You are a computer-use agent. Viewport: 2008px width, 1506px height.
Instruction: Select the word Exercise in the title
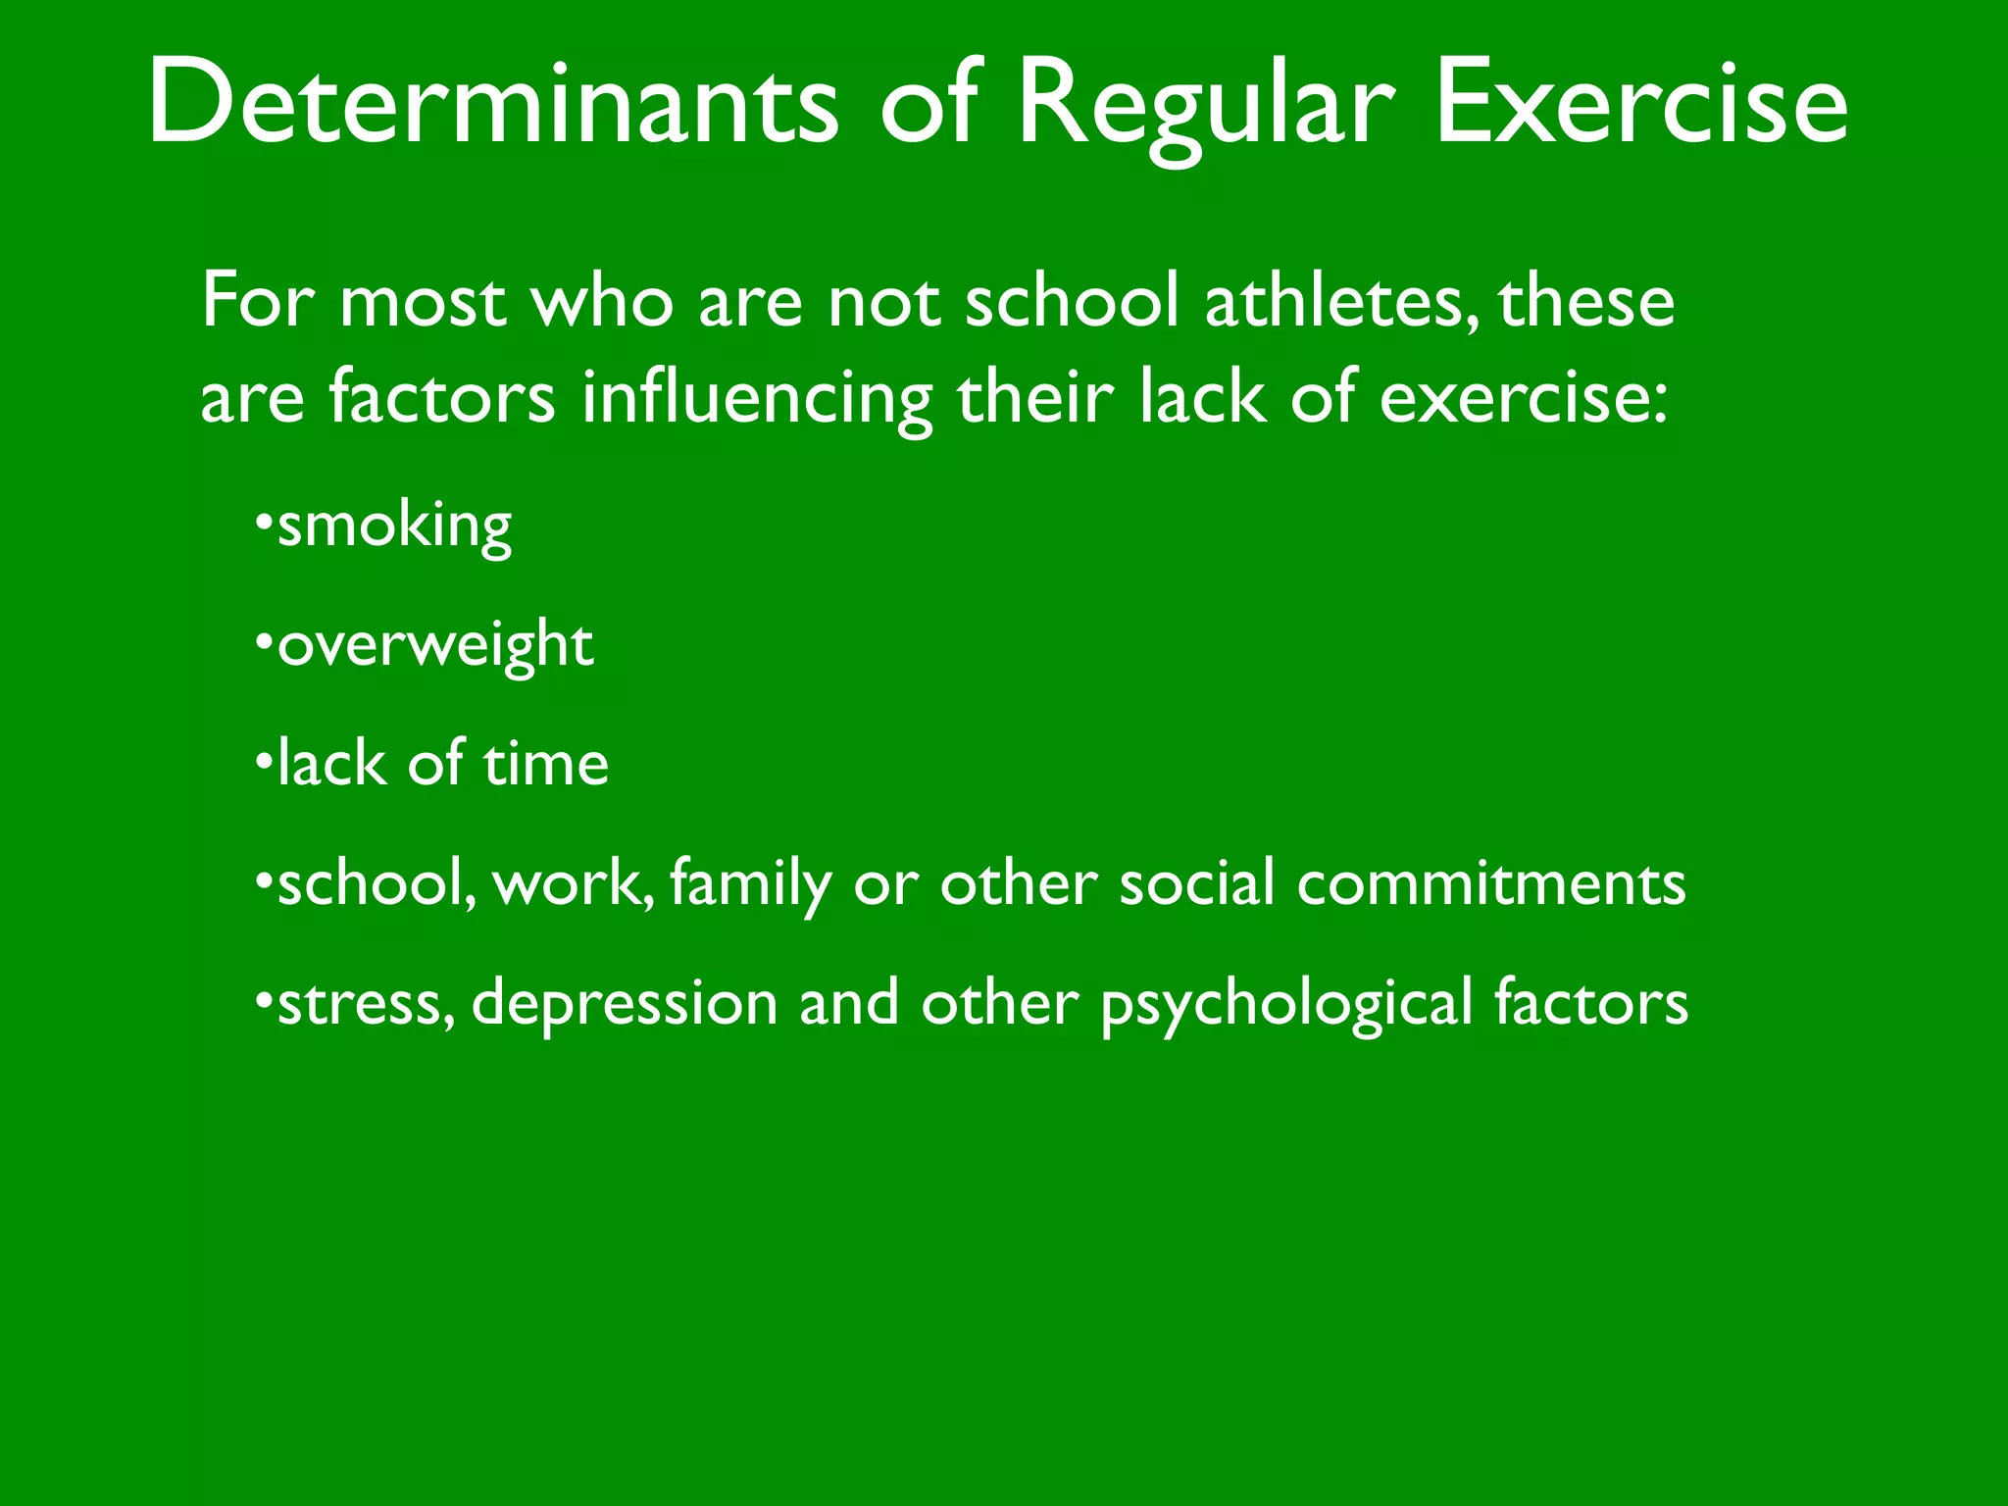pos(1641,103)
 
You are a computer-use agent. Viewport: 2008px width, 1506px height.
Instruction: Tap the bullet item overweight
pos(435,645)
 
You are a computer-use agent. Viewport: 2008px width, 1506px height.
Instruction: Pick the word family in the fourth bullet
pos(751,883)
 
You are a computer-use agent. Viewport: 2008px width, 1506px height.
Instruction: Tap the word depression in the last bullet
pos(625,1002)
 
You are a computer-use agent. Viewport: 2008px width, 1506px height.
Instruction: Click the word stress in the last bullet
pos(365,1002)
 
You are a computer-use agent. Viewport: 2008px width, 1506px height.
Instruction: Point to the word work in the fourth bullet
pos(573,882)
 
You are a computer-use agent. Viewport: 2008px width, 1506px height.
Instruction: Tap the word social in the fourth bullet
pos(1197,882)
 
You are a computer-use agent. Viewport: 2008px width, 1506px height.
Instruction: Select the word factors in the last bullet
pos(1590,1002)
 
